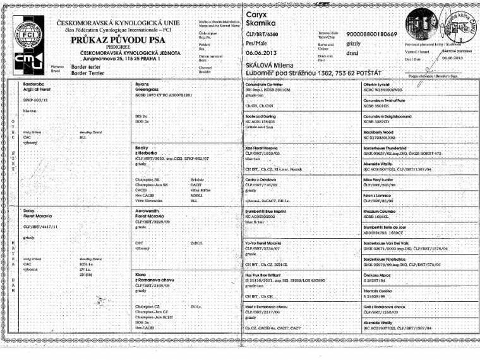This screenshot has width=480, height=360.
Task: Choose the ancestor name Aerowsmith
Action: point(150,208)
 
